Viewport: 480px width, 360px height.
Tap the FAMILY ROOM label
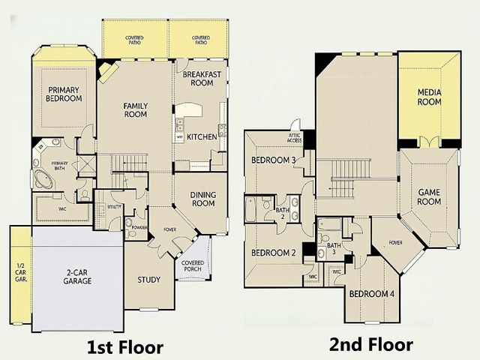[135, 110]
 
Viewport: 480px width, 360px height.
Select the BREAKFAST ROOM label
[201, 79]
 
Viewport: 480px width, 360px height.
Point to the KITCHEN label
[202, 136]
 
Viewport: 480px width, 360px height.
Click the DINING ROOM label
[203, 199]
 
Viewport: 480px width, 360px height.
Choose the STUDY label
[148, 280]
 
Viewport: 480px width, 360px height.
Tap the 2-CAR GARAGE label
[77, 276]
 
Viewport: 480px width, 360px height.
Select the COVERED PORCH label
[193, 267]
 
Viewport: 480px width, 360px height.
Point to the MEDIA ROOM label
[430, 97]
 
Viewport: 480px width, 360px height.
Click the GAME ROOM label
[429, 196]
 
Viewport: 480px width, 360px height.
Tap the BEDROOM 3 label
[272, 160]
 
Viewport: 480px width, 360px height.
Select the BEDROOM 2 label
[272, 253]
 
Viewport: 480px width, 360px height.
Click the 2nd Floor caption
[370, 345]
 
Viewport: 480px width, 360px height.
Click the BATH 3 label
[334, 248]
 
